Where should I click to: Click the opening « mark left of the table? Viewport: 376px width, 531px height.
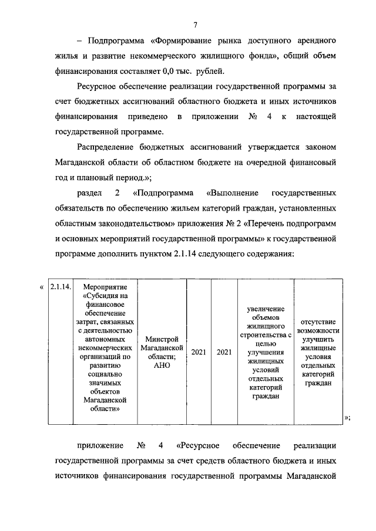click(41, 288)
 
